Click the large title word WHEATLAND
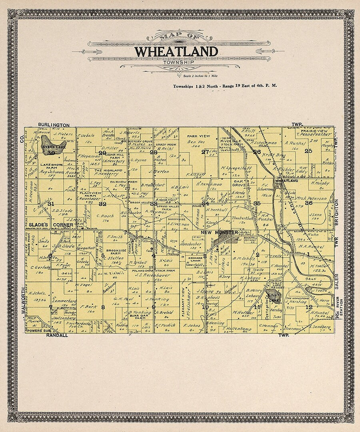[x=176, y=52]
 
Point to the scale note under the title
[x=200, y=75]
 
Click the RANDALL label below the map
[x=57, y=336]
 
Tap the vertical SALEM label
[x=336, y=282]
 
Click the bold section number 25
[x=308, y=151]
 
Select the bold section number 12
[x=308, y=307]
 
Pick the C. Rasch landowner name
[x=103, y=216]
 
